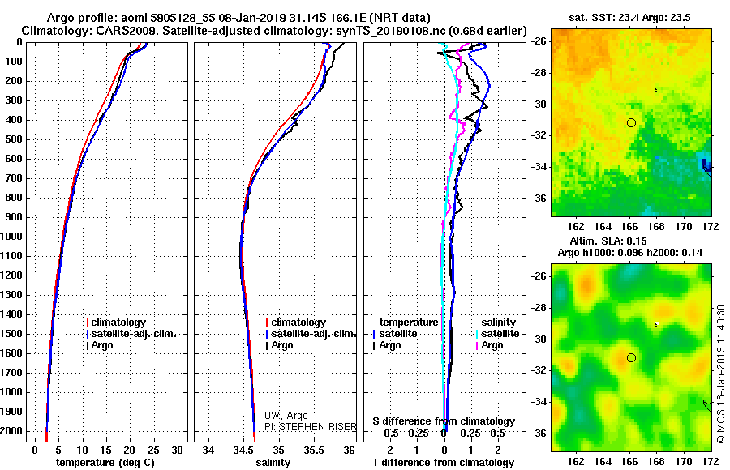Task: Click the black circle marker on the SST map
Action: [631, 123]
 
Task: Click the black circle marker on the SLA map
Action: [631, 357]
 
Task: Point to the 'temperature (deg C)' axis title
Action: [105, 463]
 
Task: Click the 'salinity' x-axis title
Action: [273, 463]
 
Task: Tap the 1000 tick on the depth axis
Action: [13, 237]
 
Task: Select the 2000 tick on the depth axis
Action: [13, 431]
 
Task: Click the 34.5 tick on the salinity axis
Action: [243, 451]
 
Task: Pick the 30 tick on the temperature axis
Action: [177, 451]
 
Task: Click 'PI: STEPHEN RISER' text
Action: [311, 427]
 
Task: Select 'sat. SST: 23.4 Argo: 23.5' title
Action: [630, 18]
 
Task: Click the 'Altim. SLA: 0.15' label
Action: [608, 241]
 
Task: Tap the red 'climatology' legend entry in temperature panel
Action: [116, 323]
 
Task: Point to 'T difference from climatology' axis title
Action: [444, 463]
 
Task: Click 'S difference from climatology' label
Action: [444, 421]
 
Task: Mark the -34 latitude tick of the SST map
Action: [539, 167]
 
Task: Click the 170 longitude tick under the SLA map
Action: [684, 461]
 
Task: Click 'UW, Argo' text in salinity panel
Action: [286, 416]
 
